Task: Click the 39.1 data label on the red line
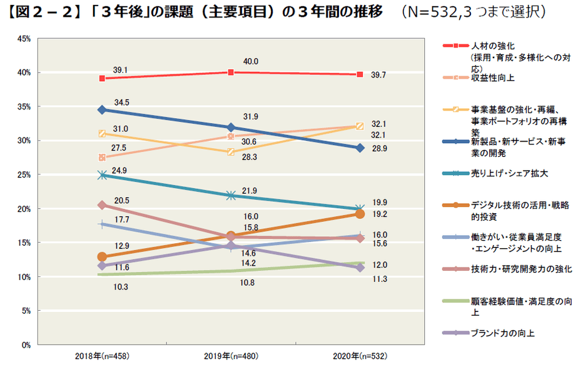pyautogui.click(x=121, y=70)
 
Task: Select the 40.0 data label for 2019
pyautogui.click(x=251, y=61)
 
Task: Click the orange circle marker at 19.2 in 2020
pyautogui.click(x=360, y=214)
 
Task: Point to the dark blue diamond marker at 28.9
pyautogui.click(x=360, y=148)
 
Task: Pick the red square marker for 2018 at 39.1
pyautogui.click(x=101, y=78)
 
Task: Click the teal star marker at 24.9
pyautogui.click(x=101, y=175)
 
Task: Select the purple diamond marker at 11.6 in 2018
pyautogui.click(x=101, y=266)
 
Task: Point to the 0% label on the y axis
pyautogui.click(x=25, y=344)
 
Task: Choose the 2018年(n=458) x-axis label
pyautogui.click(x=101, y=356)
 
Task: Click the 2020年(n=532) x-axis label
pyautogui.click(x=360, y=356)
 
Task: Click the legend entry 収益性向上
pyautogui.click(x=493, y=78)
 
